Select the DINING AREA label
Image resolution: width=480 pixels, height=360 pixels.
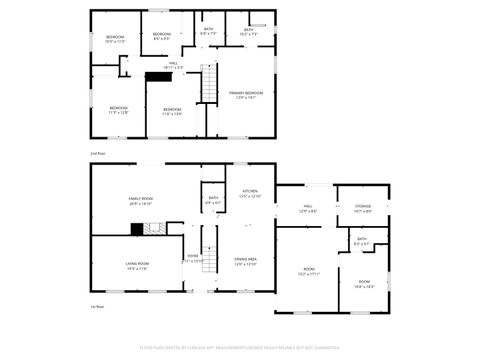(246, 261)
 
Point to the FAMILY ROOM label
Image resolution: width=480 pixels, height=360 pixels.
(140, 199)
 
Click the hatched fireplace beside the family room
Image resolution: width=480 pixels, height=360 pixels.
(136, 228)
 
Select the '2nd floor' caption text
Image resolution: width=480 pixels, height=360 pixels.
(98, 153)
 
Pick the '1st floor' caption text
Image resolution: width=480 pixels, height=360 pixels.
(98, 306)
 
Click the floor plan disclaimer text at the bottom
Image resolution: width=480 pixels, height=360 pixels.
(239, 349)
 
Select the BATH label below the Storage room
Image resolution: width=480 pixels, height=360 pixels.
(362, 239)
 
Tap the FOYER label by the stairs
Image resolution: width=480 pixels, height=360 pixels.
(192, 256)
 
